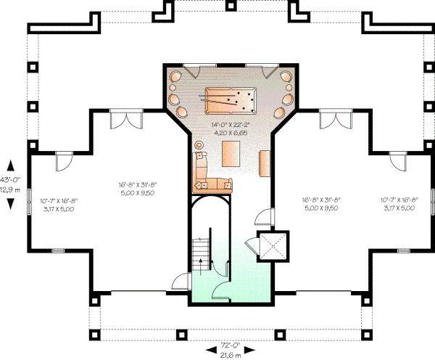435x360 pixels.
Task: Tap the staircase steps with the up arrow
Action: point(204,250)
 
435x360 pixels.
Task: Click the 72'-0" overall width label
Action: point(230,345)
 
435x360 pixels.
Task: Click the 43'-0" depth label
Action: point(9,179)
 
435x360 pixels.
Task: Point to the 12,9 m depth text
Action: point(9,188)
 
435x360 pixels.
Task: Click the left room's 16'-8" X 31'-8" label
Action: point(138,186)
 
